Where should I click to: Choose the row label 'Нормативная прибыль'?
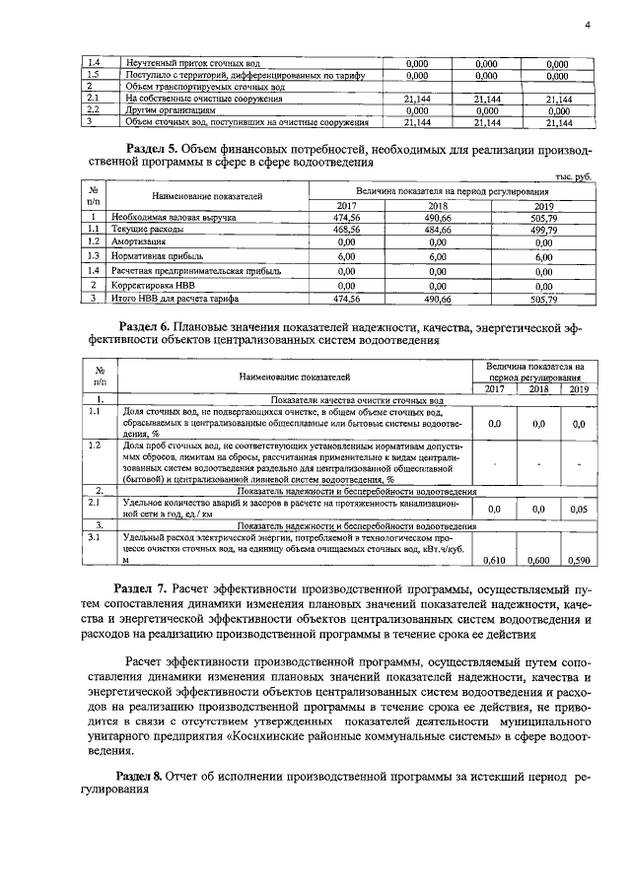[157, 254]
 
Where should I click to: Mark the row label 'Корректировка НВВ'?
[154, 283]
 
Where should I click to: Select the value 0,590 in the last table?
[579, 560]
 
